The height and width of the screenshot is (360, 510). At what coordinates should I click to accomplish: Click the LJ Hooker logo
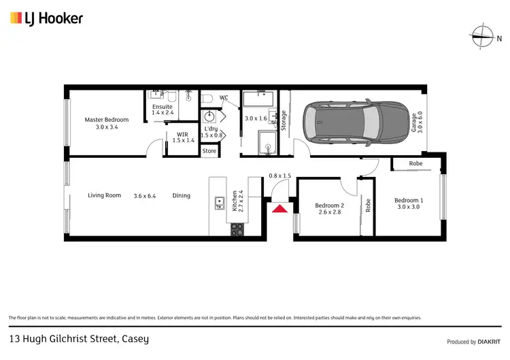click(46, 18)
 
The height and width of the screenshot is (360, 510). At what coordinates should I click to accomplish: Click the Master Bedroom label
click(107, 123)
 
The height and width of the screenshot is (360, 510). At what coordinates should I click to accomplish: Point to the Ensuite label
click(163, 110)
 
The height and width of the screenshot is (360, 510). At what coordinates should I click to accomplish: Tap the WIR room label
click(182, 137)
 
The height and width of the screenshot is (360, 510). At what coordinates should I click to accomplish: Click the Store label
click(209, 151)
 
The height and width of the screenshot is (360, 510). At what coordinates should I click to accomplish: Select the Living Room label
click(104, 195)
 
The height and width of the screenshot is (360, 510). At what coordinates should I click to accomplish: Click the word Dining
click(181, 195)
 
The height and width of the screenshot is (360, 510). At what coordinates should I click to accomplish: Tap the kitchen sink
click(220, 201)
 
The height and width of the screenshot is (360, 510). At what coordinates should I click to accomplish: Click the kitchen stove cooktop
click(237, 229)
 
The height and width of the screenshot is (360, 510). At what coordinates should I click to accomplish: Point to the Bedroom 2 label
click(329, 209)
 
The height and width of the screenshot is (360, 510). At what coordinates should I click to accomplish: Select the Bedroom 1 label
click(409, 203)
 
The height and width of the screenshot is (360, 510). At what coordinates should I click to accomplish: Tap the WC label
click(224, 97)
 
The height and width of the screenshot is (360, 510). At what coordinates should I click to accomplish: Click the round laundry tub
click(210, 117)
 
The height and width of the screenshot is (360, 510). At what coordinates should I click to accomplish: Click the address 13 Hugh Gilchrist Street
click(78, 338)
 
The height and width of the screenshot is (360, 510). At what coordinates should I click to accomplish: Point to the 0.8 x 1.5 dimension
click(279, 176)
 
